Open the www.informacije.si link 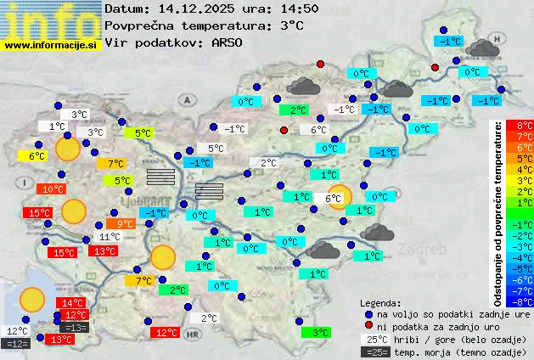(51, 45)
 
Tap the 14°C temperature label (71, 303)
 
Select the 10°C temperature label (53, 189)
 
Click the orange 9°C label (124, 224)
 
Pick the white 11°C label (110, 238)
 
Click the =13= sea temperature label (75, 328)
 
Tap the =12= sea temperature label (17, 344)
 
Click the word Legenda (380, 303)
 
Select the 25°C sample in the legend (374, 339)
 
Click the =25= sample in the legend (374, 352)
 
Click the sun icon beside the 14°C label (32, 299)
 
